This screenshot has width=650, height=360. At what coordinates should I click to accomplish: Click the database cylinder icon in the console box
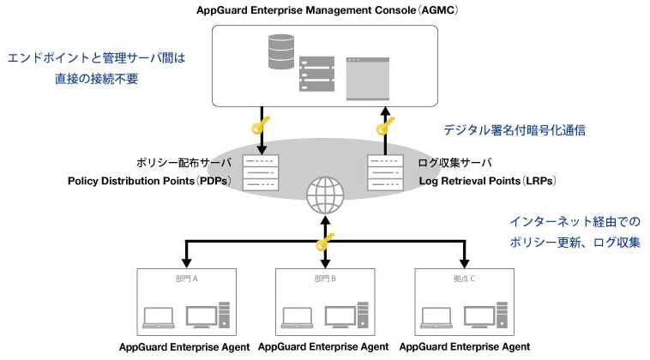pyautogui.click(x=281, y=51)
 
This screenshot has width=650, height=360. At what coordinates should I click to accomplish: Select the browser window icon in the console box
pyautogui.click(x=368, y=79)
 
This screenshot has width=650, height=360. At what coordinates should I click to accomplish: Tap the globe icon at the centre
pyautogui.click(x=325, y=195)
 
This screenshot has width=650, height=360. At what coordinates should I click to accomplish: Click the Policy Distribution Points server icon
pyautogui.click(x=261, y=173)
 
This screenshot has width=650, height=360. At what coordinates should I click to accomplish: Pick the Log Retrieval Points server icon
pyautogui.click(x=386, y=173)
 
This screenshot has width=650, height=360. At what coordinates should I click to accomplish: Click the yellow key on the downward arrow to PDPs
pyautogui.click(x=261, y=125)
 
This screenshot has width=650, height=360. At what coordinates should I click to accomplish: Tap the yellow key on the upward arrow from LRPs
pyautogui.click(x=385, y=126)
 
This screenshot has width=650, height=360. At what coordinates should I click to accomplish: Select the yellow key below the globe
pyautogui.click(x=325, y=243)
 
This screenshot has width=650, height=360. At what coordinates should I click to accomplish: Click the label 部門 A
pyautogui.click(x=187, y=279)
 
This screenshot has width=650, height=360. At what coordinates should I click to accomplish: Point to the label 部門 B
pyautogui.click(x=325, y=279)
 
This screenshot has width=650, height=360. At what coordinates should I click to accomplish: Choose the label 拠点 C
pyautogui.click(x=464, y=279)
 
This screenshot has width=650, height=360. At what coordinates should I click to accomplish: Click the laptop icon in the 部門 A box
pyautogui.click(x=159, y=318)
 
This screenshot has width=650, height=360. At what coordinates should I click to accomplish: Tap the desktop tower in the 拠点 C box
pyautogui.click(x=502, y=315)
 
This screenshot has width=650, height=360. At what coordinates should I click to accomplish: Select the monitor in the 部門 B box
pyautogui.click(x=340, y=317)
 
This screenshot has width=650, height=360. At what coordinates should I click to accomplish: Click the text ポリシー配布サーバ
pyautogui.click(x=184, y=163)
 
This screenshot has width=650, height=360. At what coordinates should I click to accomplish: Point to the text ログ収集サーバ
pyautogui.click(x=454, y=163)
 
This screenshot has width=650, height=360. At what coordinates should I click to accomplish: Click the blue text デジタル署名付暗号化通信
pyautogui.click(x=515, y=130)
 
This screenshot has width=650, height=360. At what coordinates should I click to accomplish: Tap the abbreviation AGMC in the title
pyautogui.click(x=438, y=10)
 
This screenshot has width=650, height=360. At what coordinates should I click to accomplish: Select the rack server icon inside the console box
pyautogui.click(x=316, y=74)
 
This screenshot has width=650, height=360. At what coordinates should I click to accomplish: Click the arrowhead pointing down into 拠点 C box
pyautogui.click(x=464, y=263)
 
